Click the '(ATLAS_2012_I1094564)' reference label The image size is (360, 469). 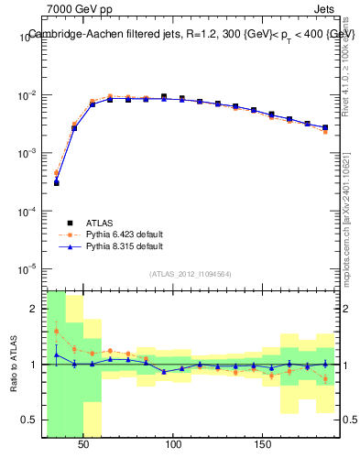191,273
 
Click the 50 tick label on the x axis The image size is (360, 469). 83,444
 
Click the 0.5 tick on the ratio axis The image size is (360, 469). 32,420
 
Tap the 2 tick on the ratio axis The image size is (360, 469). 36,309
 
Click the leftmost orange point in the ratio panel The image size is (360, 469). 56,331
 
